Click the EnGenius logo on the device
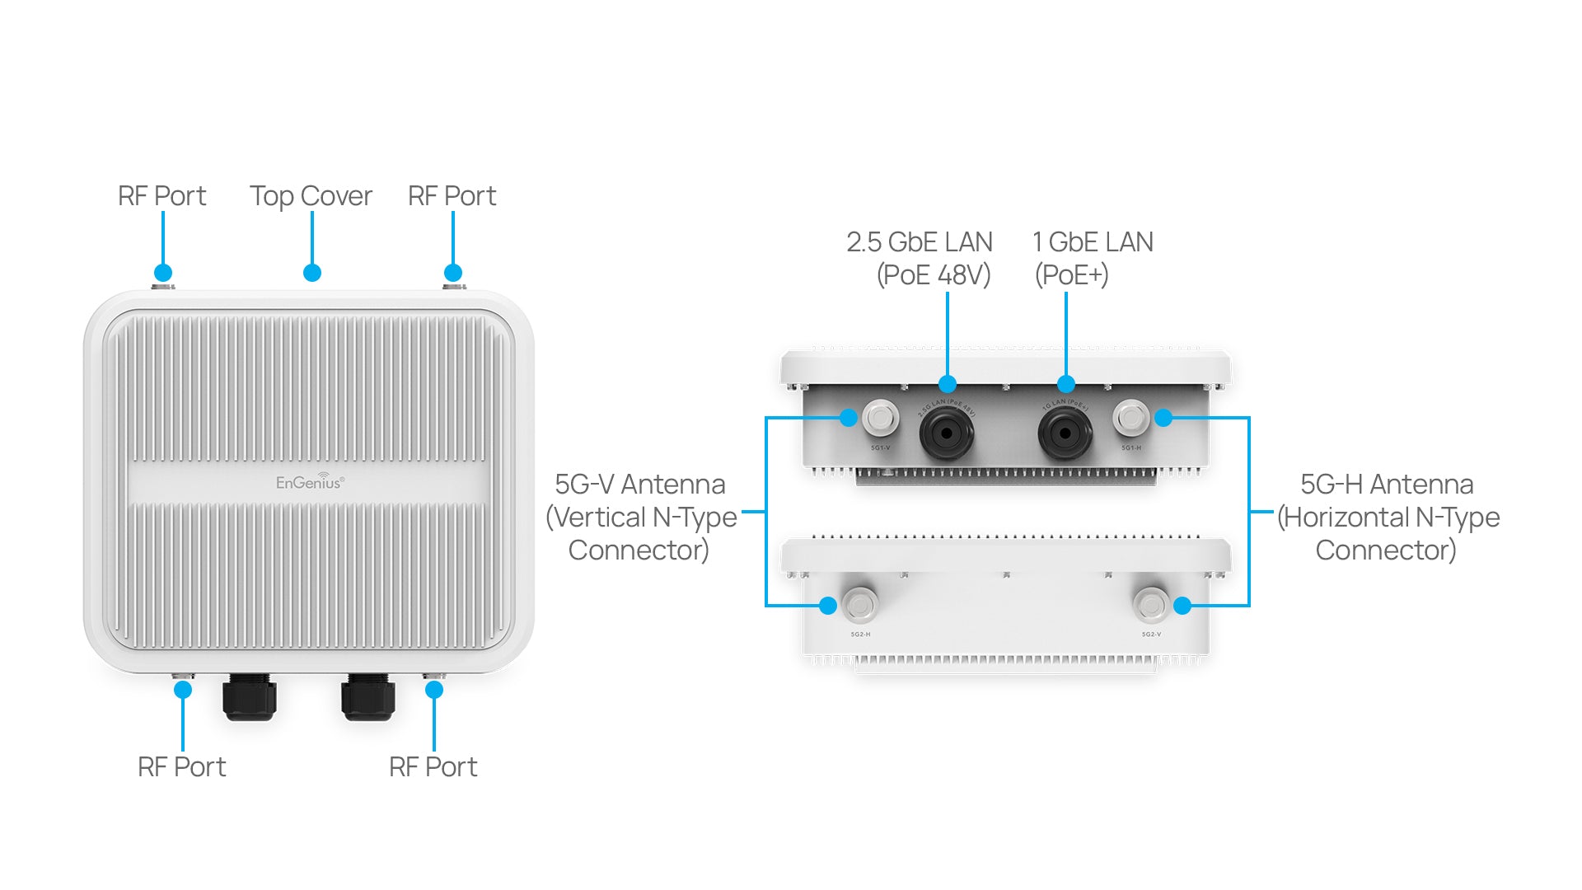point(310,481)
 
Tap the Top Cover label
point(311,196)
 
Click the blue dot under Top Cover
point(311,273)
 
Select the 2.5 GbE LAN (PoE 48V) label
point(920,258)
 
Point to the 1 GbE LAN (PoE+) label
point(1092,258)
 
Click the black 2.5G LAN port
point(946,433)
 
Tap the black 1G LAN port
point(1065,433)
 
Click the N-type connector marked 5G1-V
point(881,418)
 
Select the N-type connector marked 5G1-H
point(1130,418)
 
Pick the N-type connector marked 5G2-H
point(860,606)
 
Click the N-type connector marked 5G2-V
point(1150,606)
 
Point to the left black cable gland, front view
point(249,697)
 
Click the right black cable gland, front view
point(368,697)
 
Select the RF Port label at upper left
point(161,196)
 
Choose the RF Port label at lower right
point(433,767)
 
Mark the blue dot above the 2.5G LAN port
point(948,384)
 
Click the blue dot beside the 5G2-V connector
point(1182,606)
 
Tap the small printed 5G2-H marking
point(860,635)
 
